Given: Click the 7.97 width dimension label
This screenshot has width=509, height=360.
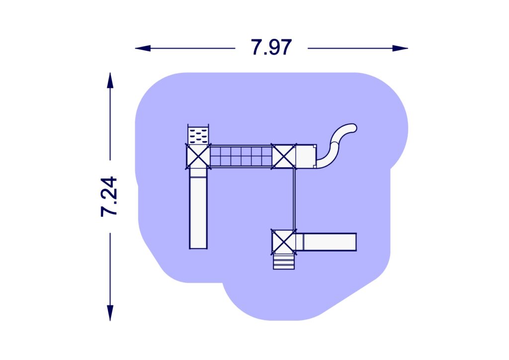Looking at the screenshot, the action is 271,47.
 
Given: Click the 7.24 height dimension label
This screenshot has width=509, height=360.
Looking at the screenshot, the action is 109,196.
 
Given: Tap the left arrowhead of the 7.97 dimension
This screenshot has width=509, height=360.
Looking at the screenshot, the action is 143,48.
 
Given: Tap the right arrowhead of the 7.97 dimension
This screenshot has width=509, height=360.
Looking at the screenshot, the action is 400,48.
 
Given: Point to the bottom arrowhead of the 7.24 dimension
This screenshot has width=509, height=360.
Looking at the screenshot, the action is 110,313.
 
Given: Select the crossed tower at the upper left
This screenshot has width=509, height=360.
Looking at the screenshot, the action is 198,157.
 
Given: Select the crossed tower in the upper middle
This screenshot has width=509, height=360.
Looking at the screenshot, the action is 284,157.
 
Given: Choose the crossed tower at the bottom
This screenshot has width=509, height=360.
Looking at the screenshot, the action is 284,242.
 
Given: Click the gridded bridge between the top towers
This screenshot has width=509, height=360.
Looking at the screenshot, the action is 241,156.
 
